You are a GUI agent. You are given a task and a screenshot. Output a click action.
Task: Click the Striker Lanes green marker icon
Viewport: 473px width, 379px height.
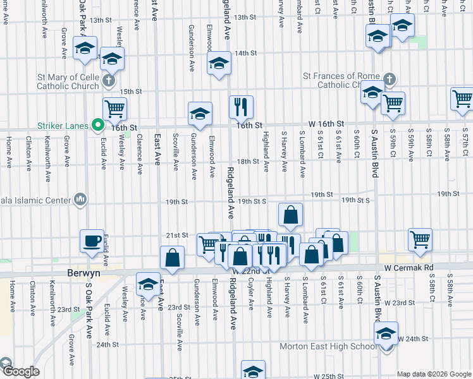98,126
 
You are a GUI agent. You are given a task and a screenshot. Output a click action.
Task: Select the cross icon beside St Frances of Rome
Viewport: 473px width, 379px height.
390,80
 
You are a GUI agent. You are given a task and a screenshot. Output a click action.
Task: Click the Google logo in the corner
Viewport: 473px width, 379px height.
21,371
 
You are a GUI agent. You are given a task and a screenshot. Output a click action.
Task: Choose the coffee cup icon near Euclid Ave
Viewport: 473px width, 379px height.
92,240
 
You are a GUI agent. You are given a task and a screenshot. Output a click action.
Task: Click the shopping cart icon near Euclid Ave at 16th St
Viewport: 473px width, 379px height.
114,108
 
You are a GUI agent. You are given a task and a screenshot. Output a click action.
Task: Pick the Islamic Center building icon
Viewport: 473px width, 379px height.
80,200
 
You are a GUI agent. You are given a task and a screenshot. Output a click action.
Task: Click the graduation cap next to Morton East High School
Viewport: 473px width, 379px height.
386,334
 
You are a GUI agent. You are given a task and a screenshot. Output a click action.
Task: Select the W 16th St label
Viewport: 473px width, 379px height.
326,123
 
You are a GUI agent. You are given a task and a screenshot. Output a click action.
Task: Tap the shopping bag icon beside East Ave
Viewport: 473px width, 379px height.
172,257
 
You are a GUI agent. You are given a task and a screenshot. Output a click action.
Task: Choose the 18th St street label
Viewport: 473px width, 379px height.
247,162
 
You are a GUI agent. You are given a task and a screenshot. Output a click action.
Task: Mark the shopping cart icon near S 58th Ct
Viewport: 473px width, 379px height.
421,239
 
